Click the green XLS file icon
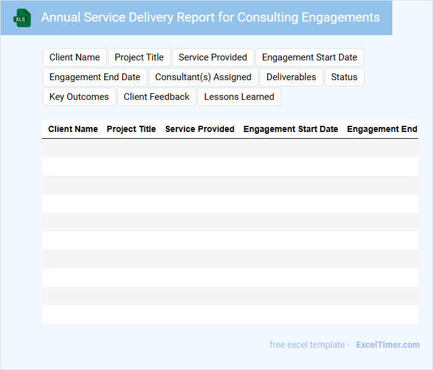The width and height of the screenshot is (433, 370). pos(22,18)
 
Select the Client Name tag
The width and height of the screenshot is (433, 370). pos(75,57)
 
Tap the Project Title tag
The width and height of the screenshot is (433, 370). pos(139,57)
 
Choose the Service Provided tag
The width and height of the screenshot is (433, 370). pos(213,57)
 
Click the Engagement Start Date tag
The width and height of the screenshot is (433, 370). pos(310,57)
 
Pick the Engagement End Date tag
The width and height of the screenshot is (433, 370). pos(95,77)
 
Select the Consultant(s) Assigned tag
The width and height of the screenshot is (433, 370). pos(204,77)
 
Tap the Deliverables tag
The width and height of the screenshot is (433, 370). pos(291,77)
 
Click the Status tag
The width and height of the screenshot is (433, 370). pos(344,77)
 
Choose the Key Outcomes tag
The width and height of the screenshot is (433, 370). pos(79,97)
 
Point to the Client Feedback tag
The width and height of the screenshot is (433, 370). pos(157,97)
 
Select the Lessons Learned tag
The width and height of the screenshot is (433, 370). pos(239,97)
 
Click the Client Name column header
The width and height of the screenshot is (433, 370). pos(73,129)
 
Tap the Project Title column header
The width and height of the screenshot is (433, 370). pos(131,129)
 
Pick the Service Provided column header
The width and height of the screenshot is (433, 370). pos(200,129)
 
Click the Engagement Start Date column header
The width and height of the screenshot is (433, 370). pos(291,129)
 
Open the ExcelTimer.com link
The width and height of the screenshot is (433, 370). pos(388,345)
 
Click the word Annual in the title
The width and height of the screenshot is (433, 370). pos(60,17)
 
